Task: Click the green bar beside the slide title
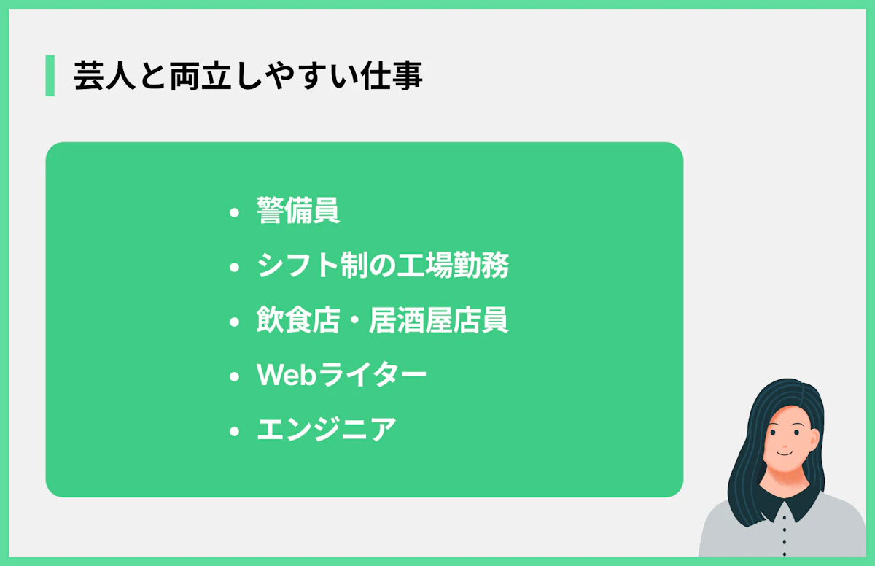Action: point(50,76)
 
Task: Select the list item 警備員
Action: point(298,212)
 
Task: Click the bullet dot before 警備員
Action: point(234,213)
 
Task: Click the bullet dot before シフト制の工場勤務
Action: point(234,268)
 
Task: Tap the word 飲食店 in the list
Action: point(298,320)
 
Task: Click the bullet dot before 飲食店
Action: point(234,322)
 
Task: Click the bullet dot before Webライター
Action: point(234,377)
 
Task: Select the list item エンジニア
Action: point(327,430)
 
